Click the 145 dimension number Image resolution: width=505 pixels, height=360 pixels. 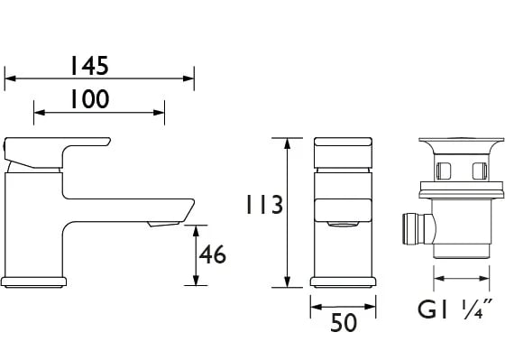point(89,66)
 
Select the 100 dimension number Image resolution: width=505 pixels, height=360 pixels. point(90,99)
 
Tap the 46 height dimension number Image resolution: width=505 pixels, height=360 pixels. point(213,254)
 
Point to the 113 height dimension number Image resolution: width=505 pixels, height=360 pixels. point(264,204)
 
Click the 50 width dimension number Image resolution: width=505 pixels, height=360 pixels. point(344,323)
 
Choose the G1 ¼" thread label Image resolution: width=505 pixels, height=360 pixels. point(455,309)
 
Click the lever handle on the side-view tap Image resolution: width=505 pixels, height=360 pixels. point(58,152)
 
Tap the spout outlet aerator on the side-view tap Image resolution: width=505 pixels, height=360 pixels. point(163,224)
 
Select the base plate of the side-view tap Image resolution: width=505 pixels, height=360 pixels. point(34,282)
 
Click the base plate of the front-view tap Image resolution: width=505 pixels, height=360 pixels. point(344,282)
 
